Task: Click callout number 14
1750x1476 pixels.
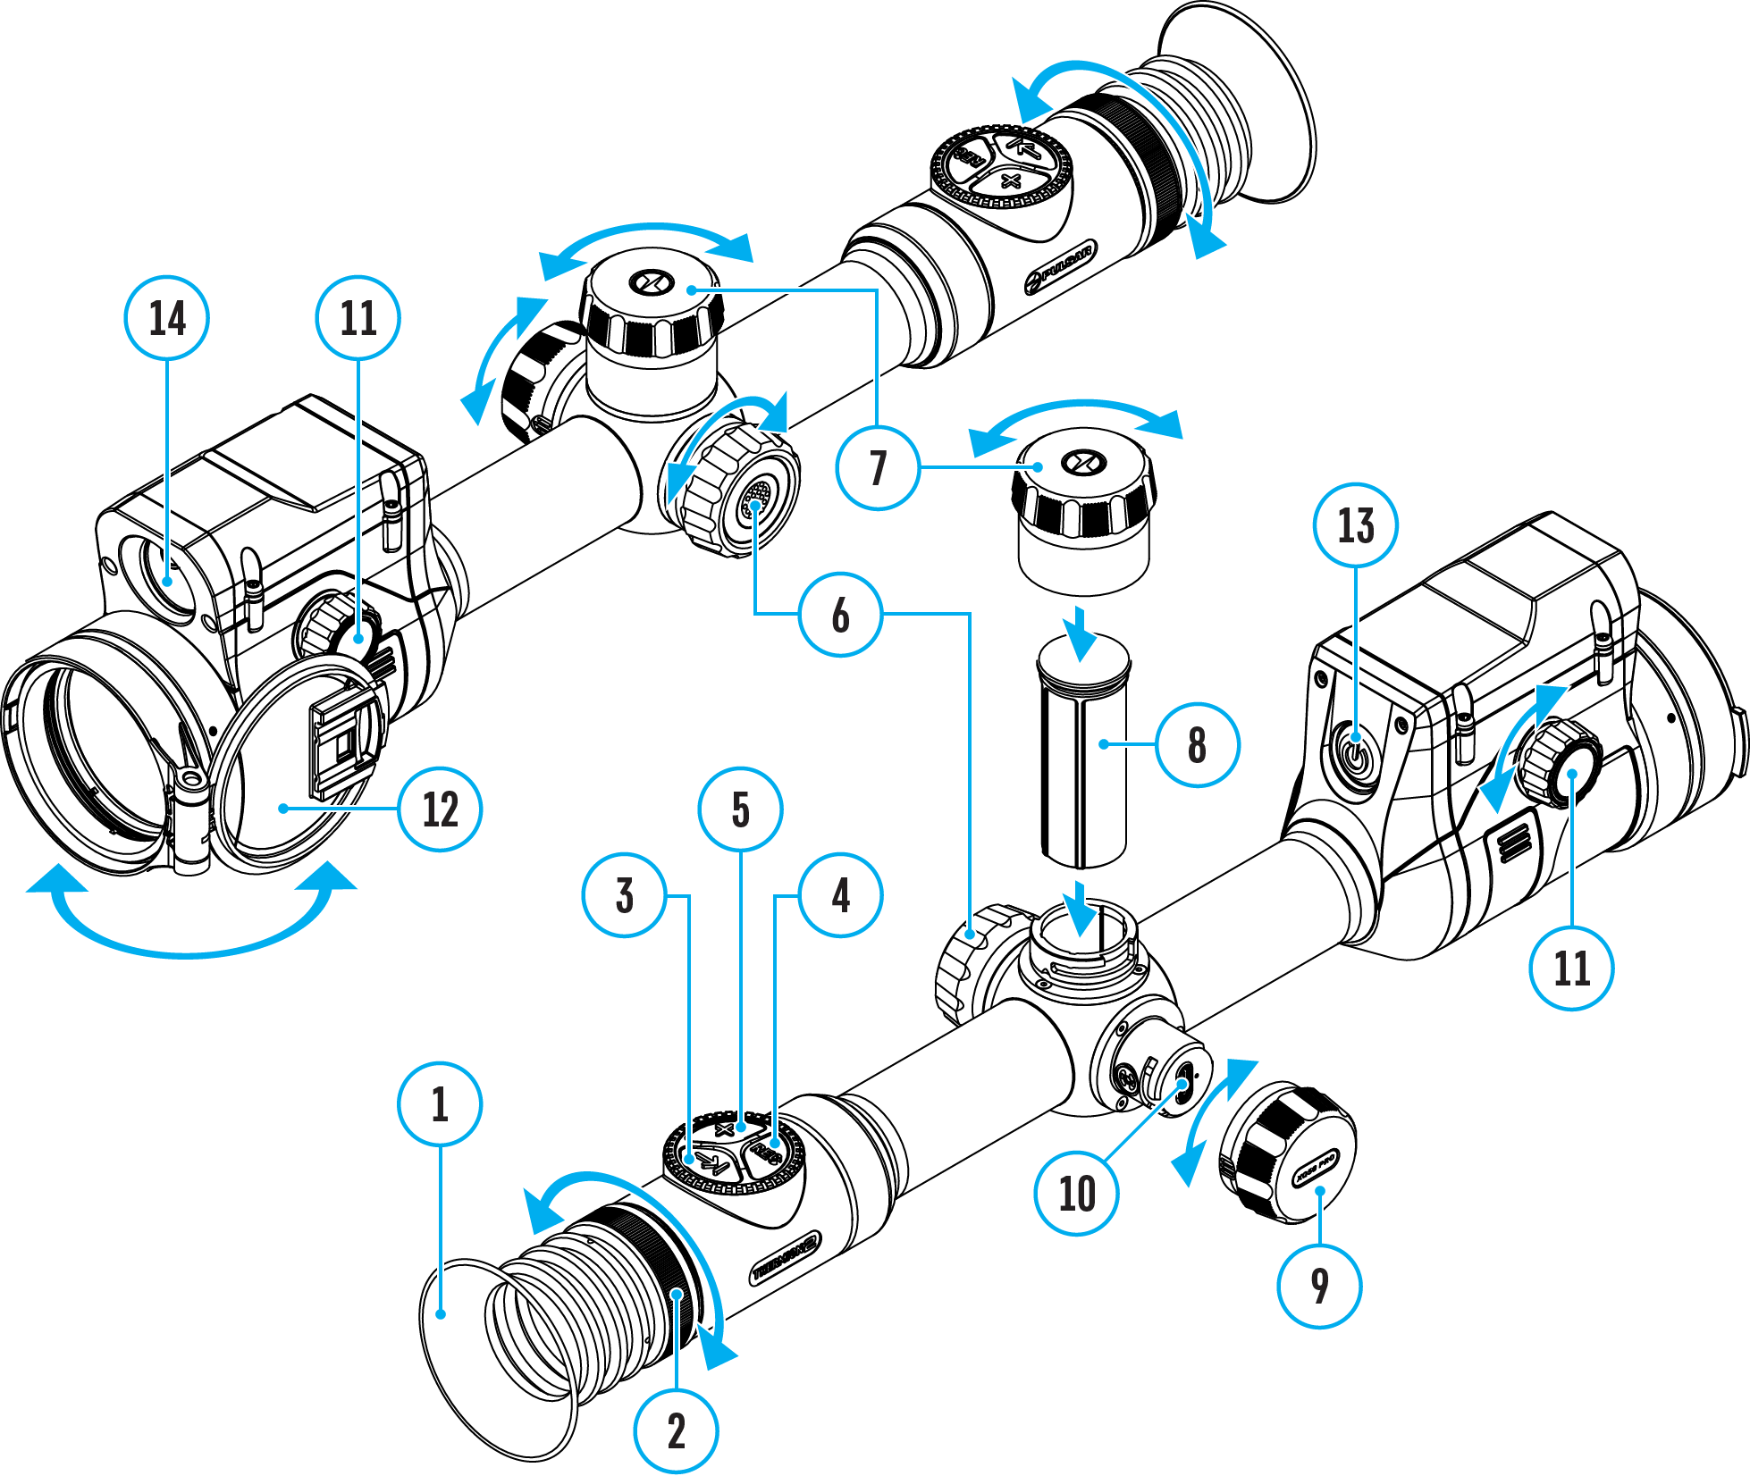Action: pos(167,318)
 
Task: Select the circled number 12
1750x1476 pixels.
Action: pos(440,809)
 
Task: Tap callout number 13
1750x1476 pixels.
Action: pos(1355,525)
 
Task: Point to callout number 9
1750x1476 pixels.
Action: pos(1319,1286)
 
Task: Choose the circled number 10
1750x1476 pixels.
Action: pos(1076,1193)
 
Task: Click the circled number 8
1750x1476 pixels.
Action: pos(1197,744)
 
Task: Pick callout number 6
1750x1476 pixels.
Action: pos(840,615)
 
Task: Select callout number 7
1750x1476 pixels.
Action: pos(878,467)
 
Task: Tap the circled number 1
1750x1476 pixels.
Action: pos(440,1103)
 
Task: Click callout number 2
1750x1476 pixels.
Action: pos(676,1430)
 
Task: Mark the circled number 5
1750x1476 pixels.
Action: pos(740,809)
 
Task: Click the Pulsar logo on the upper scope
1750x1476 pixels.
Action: pos(1060,266)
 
